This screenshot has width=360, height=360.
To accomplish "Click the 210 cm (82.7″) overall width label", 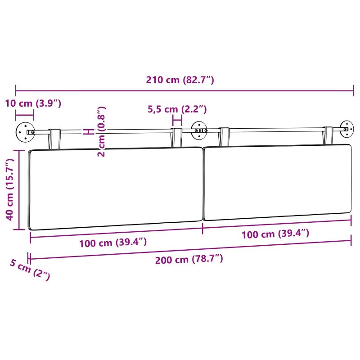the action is click(180, 80).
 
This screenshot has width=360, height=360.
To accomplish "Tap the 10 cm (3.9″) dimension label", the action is click(33, 103).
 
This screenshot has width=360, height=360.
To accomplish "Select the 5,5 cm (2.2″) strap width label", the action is click(177, 109).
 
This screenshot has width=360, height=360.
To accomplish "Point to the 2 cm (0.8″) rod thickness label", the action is click(101, 131).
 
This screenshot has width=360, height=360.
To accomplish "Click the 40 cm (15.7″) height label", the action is click(10, 189).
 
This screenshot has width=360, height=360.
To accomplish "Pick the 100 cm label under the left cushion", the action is click(113, 243).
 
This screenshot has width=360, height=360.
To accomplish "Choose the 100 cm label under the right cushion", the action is click(275, 234).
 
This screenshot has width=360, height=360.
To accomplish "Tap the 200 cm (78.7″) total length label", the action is click(189, 260).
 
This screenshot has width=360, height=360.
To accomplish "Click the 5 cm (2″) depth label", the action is click(30, 269).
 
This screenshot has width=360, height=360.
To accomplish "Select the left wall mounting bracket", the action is click(25, 132).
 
